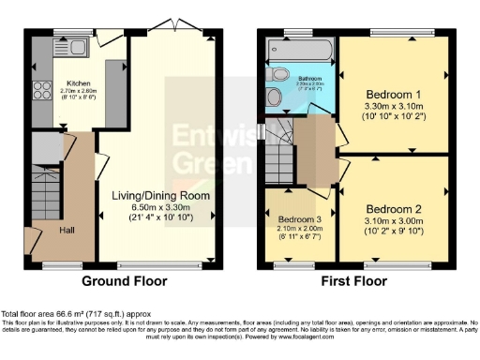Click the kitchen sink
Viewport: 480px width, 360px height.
coord(75,44)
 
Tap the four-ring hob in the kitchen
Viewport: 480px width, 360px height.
coord(41,92)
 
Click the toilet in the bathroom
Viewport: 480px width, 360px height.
coord(277,74)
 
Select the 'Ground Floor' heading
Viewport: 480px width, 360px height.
coord(119,280)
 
